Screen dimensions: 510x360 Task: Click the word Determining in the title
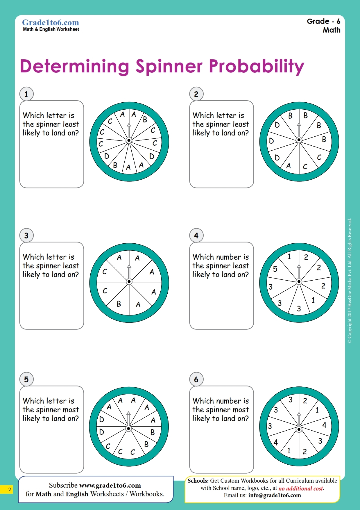[74, 66]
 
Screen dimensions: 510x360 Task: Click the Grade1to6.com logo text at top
[51, 22]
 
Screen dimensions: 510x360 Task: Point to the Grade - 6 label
[323, 21]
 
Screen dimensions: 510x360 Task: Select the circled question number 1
[26, 94]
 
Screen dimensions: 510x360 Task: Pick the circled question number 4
[196, 235]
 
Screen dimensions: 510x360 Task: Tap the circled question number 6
[196, 379]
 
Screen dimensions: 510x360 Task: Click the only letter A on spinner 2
[289, 166]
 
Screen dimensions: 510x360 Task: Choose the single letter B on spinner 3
[119, 304]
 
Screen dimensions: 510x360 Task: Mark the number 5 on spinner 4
[275, 269]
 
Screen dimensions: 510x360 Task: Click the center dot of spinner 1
[129, 140]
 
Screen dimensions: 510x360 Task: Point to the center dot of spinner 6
[299, 429]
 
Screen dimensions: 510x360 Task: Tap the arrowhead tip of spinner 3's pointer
[129, 266]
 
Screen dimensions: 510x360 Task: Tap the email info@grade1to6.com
[275, 495]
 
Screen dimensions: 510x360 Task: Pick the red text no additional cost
[301, 488]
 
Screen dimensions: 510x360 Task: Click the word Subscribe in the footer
[63, 485]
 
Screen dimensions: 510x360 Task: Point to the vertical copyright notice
[350, 281]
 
